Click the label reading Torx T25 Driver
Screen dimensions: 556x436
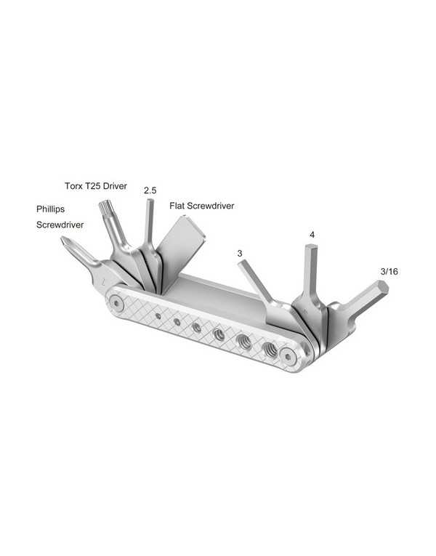pos(94,186)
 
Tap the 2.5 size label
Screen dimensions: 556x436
pos(150,190)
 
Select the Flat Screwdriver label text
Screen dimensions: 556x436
pos(202,206)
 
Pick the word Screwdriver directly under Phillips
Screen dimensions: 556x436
pos(60,225)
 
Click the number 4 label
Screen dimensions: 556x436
pos(312,235)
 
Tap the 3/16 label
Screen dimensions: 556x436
pos(389,271)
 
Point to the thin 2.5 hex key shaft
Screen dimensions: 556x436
pos(149,222)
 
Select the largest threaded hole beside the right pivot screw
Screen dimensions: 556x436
pos(270,349)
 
